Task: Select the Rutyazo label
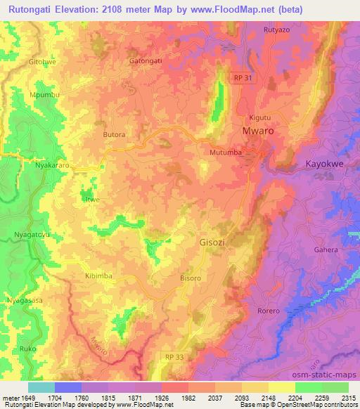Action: pyautogui.click(x=276, y=30)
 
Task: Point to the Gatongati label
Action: pyautogui.click(x=146, y=60)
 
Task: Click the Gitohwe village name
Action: pyautogui.click(x=41, y=62)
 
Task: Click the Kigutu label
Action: pyautogui.click(x=260, y=117)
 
